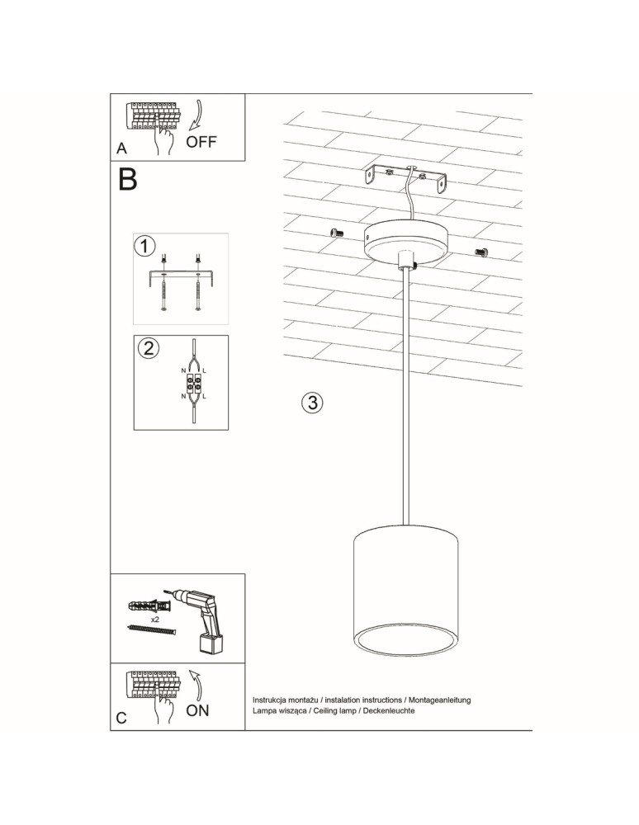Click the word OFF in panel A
click(x=201, y=142)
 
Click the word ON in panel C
click(x=197, y=710)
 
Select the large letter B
click(x=127, y=179)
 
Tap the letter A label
click(x=122, y=149)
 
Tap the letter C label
click(x=121, y=718)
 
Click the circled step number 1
click(x=144, y=246)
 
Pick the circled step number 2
click(x=147, y=347)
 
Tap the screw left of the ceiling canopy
click(x=335, y=233)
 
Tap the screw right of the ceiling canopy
click(x=482, y=251)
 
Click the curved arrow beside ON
click(x=196, y=684)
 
